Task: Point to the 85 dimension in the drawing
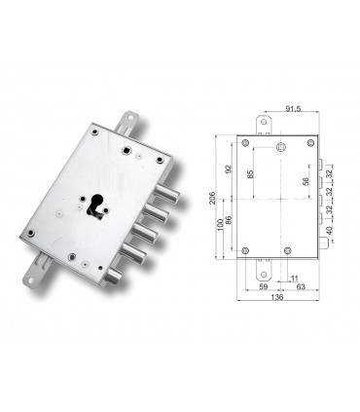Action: [x=252, y=174]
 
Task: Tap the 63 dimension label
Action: [x=303, y=287]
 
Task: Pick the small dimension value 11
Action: [x=294, y=278]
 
